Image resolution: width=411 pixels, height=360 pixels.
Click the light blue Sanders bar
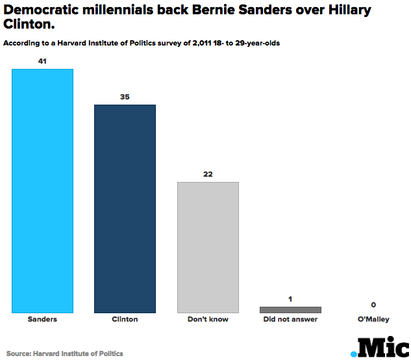(x=43, y=190)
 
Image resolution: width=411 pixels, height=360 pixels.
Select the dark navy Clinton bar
(x=125, y=209)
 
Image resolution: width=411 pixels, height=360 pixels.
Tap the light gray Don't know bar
(x=208, y=247)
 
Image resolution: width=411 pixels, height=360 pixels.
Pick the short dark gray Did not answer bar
(x=290, y=309)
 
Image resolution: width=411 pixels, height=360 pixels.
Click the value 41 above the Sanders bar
(x=43, y=61)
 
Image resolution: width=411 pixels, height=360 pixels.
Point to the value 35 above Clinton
(x=125, y=97)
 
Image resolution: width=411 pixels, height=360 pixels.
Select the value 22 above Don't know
(x=208, y=174)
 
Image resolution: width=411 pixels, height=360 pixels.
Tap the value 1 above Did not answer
(x=290, y=299)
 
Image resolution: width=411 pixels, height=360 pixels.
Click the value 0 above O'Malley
(x=373, y=305)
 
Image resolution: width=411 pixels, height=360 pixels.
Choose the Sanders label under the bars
(x=43, y=320)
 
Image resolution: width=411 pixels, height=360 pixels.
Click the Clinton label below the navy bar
(x=125, y=320)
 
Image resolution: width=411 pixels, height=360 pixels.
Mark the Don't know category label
(x=208, y=320)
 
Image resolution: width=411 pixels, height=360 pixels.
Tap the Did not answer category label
(x=290, y=320)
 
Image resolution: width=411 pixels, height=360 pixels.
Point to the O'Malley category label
(x=373, y=320)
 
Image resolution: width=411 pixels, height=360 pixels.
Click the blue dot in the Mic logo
(x=354, y=354)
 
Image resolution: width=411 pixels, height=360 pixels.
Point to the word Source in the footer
(x=19, y=354)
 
